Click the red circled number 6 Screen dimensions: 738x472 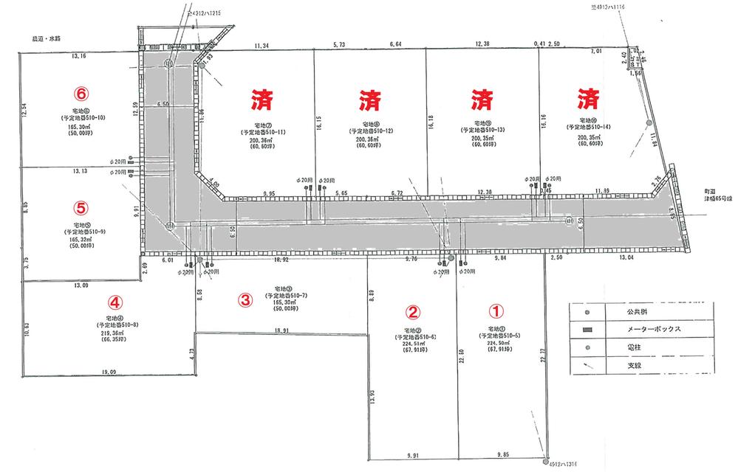coord(81,94)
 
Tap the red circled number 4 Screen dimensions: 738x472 coord(114,302)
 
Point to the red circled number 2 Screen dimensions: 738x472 coord(414,312)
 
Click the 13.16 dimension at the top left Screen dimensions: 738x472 coord(78,56)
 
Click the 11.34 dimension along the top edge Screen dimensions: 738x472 coord(261,46)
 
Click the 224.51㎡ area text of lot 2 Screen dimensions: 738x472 coord(414,344)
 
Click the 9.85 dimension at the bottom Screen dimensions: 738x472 coord(504,455)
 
